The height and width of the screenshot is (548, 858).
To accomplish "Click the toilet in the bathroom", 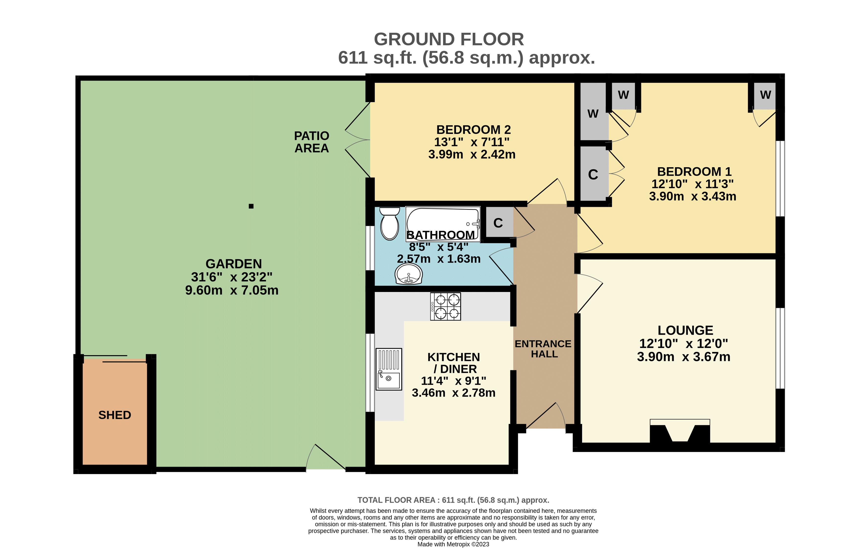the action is [x=389, y=223].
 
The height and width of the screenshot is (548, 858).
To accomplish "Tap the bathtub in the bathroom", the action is [x=443, y=224].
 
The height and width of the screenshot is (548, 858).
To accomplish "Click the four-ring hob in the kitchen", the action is [x=445, y=306].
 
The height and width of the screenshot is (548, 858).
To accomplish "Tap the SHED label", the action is [x=115, y=415].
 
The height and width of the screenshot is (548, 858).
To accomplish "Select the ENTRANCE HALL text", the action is [x=543, y=349].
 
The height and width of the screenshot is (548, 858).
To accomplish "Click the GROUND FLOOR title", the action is [x=449, y=39].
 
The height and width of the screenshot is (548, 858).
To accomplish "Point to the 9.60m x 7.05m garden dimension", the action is [x=232, y=290].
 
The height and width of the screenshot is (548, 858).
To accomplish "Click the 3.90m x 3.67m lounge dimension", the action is [x=683, y=357].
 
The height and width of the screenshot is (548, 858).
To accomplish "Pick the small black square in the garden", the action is [x=251, y=206].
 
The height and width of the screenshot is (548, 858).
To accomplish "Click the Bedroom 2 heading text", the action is [x=474, y=129].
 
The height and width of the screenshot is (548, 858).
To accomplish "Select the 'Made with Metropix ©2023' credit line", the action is [x=453, y=544].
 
